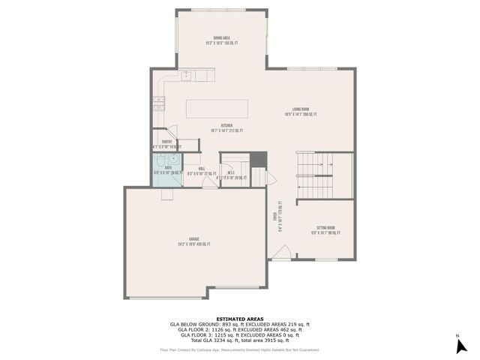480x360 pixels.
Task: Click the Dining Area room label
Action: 221,40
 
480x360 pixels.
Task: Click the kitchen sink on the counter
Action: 186,76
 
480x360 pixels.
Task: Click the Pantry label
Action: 166,143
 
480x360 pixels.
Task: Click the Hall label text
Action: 201,170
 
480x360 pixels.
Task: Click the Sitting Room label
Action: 325,229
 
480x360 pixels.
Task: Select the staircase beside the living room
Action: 322,175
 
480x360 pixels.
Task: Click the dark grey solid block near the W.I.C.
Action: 258,160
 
